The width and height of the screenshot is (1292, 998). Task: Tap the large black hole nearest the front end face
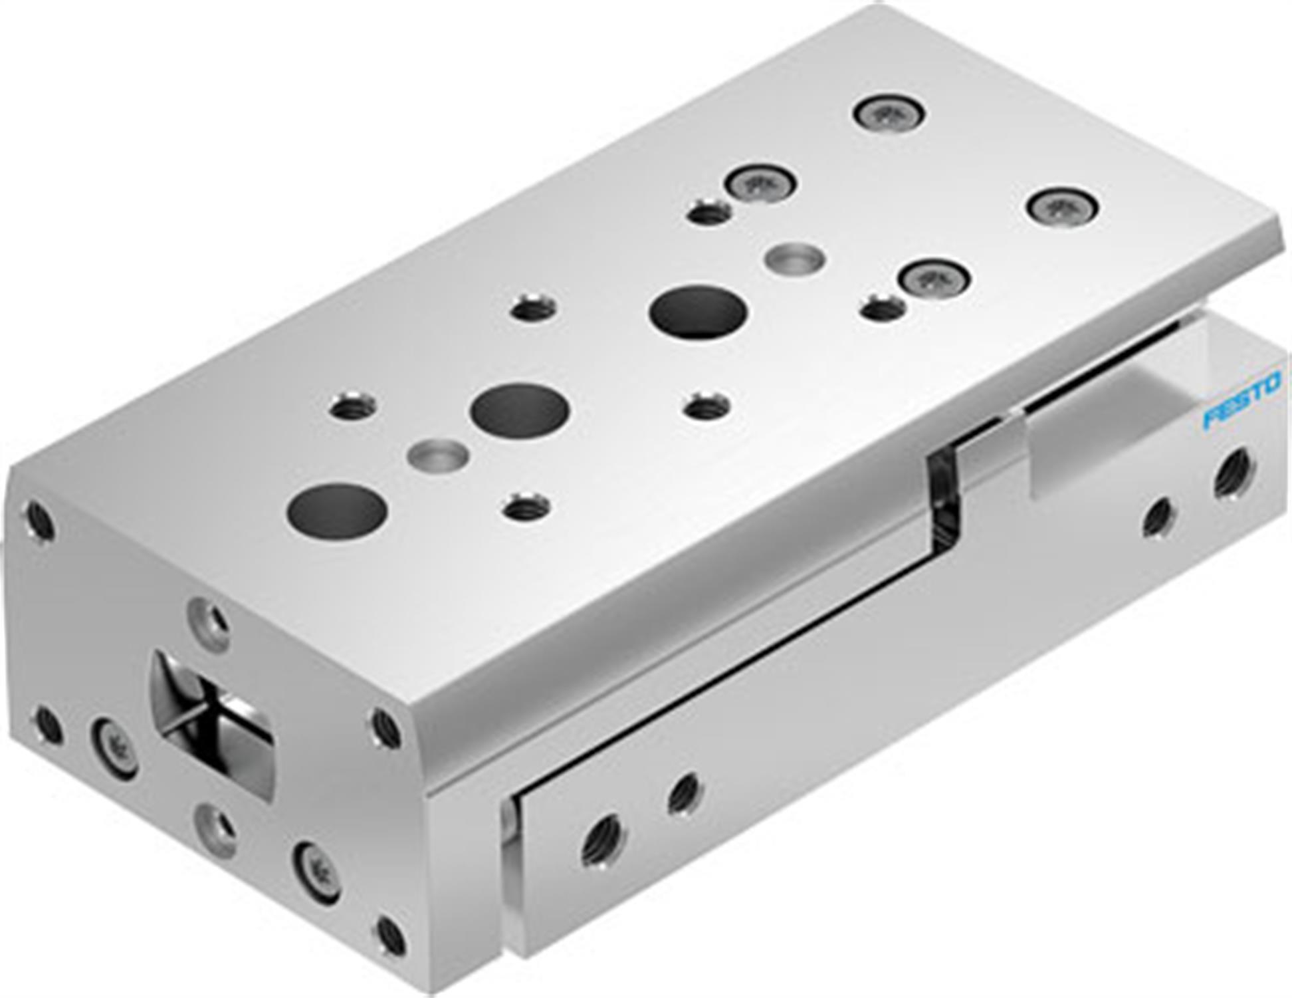tap(337, 511)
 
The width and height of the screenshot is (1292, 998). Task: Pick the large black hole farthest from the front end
tap(699, 312)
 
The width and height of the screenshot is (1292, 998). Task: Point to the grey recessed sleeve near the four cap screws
tap(796, 257)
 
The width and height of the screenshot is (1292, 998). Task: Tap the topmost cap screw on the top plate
tap(889, 114)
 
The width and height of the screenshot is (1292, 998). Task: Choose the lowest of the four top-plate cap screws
tap(934, 277)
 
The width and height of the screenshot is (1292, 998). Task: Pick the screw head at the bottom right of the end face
tap(316, 872)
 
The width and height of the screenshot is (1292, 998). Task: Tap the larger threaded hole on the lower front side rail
tap(603, 842)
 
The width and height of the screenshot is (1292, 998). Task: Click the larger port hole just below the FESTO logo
tap(1234, 473)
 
